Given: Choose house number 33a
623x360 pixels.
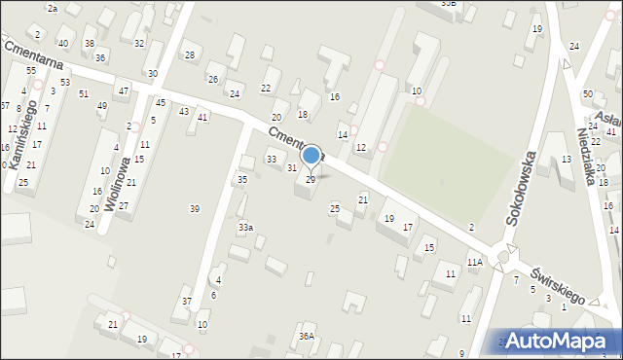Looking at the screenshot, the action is tap(246, 228).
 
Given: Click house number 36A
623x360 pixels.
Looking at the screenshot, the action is tap(307, 337).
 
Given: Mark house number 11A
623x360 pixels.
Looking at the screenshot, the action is tap(474, 263).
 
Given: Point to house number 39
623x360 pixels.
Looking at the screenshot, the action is tap(195, 209).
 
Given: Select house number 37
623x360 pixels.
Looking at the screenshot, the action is tap(187, 302).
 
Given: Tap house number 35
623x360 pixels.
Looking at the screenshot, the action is tap(242, 180).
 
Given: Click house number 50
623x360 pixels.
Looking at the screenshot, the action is tap(588, 93).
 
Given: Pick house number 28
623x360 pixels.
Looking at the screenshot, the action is tap(190, 54).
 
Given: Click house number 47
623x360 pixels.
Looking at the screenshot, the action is tap(123, 90).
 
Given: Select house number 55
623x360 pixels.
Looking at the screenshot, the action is tap(31, 71).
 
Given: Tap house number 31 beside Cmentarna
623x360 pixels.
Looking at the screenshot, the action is tap(291, 168).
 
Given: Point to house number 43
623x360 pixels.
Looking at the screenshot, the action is tap(184, 111).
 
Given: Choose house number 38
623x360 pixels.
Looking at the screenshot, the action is tap(90, 44).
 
